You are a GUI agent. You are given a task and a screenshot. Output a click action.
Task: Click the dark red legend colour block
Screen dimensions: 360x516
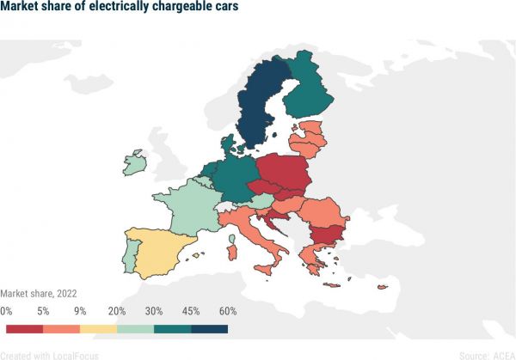coord(24,328)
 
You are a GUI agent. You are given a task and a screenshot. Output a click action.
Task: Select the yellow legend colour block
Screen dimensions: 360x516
coord(98,328)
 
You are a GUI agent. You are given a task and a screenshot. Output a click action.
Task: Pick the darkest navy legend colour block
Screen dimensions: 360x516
coord(209,328)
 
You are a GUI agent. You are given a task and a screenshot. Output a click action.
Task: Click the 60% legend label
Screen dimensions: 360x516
coord(227,311)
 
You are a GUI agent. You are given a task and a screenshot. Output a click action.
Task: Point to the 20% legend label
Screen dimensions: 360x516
coord(116,311)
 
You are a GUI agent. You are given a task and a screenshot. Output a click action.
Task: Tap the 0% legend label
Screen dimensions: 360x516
coord(7,311)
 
